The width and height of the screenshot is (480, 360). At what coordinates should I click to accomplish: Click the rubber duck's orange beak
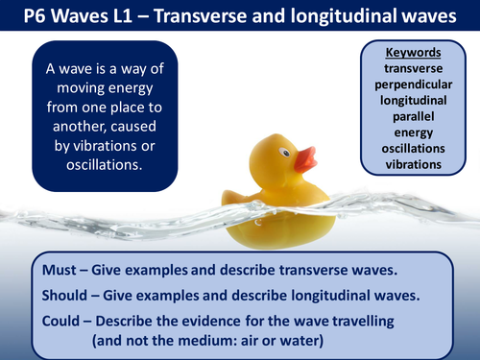pos(307,158)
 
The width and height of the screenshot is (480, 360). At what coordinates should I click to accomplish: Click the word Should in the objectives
pos(69,290)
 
